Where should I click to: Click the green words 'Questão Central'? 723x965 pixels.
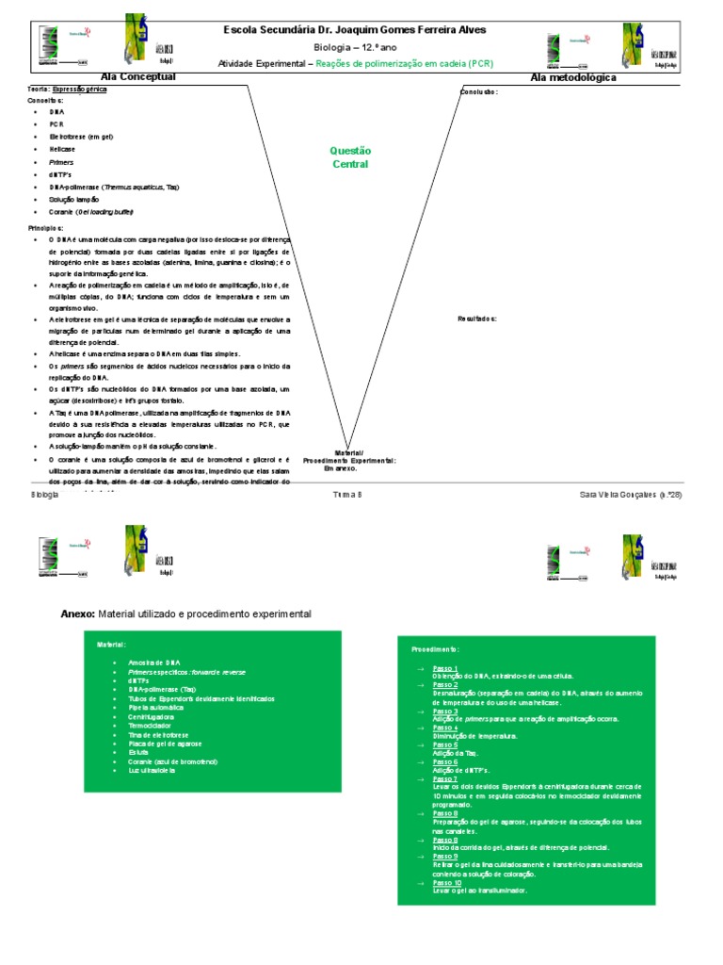pyautogui.click(x=350, y=157)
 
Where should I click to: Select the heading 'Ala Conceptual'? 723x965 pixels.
pyautogui.click(x=138, y=76)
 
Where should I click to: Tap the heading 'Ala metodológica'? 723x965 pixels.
pyautogui.click(x=573, y=77)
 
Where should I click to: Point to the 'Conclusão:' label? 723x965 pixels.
pyautogui.click(x=478, y=92)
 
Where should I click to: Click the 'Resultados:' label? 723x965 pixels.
pyautogui.click(x=477, y=319)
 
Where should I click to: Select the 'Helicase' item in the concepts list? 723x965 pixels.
pyautogui.click(x=62, y=149)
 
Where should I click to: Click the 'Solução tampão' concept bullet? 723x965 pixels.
pyautogui.click(x=72, y=200)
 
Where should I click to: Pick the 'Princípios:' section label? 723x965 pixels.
pyautogui.click(x=45, y=228)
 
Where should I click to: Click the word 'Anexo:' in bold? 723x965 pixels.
pyautogui.click(x=78, y=613)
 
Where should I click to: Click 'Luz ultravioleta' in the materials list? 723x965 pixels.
pyautogui.click(x=153, y=770)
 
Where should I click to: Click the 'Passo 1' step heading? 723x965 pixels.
pyautogui.click(x=445, y=667)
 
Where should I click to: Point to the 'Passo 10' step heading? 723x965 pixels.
pyautogui.click(x=447, y=883)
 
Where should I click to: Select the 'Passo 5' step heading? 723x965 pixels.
pyautogui.click(x=445, y=744)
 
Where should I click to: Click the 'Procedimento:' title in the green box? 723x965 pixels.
pyautogui.click(x=435, y=649)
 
